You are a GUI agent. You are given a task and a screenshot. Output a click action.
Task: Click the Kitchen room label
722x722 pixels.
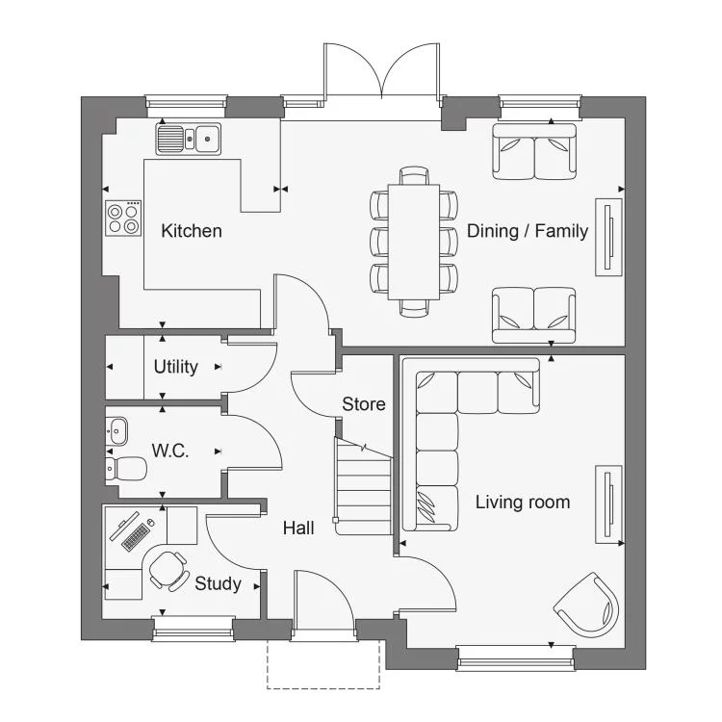pyautogui.click(x=192, y=231)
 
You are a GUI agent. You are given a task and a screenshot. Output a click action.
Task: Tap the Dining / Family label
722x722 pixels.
pyautogui.click(x=528, y=231)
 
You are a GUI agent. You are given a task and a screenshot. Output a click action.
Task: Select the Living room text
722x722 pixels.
pyautogui.click(x=523, y=502)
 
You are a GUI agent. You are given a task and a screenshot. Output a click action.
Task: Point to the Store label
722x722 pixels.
pyautogui.click(x=364, y=403)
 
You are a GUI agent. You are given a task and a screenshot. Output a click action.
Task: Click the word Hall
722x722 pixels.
pyautogui.click(x=298, y=528)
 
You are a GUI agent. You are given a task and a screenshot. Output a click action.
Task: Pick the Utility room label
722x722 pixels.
pyautogui.click(x=176, y=367)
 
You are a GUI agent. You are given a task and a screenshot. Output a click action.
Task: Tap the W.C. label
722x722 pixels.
pyautogui.click(x=169, y=451)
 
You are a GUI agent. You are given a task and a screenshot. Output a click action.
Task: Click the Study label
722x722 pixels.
pyautogui.click(x=218, y=583)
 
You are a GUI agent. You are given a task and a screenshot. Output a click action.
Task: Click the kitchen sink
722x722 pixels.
pyautogui.click(x=189, y=139)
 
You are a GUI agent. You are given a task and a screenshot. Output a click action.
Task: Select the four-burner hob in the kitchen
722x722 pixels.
pyautogui.click(x=123, y=219)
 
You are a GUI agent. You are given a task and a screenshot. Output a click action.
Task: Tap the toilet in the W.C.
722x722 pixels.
pyautogui.click(x=126, y=468)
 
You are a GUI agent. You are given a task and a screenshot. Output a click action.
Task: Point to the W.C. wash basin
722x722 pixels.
pyautogui.click(x=116, y=431)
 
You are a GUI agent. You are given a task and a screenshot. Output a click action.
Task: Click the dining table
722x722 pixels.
pyautogui.click(x=414, y=242)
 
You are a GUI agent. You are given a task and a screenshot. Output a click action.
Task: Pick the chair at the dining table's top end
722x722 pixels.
pyautogui.click(x=414, y=175)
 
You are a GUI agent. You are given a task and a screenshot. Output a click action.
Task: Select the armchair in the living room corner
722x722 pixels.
pyautogui.click(x=586, y=605)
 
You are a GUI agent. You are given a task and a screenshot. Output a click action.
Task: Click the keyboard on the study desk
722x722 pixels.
pyautogui.click(x=136, y=537)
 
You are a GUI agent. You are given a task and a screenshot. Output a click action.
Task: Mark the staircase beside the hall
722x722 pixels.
pyautogui.click(x=363, y=486)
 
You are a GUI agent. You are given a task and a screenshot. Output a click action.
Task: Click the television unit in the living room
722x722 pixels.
pyautogui.click(x=608, y=504)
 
